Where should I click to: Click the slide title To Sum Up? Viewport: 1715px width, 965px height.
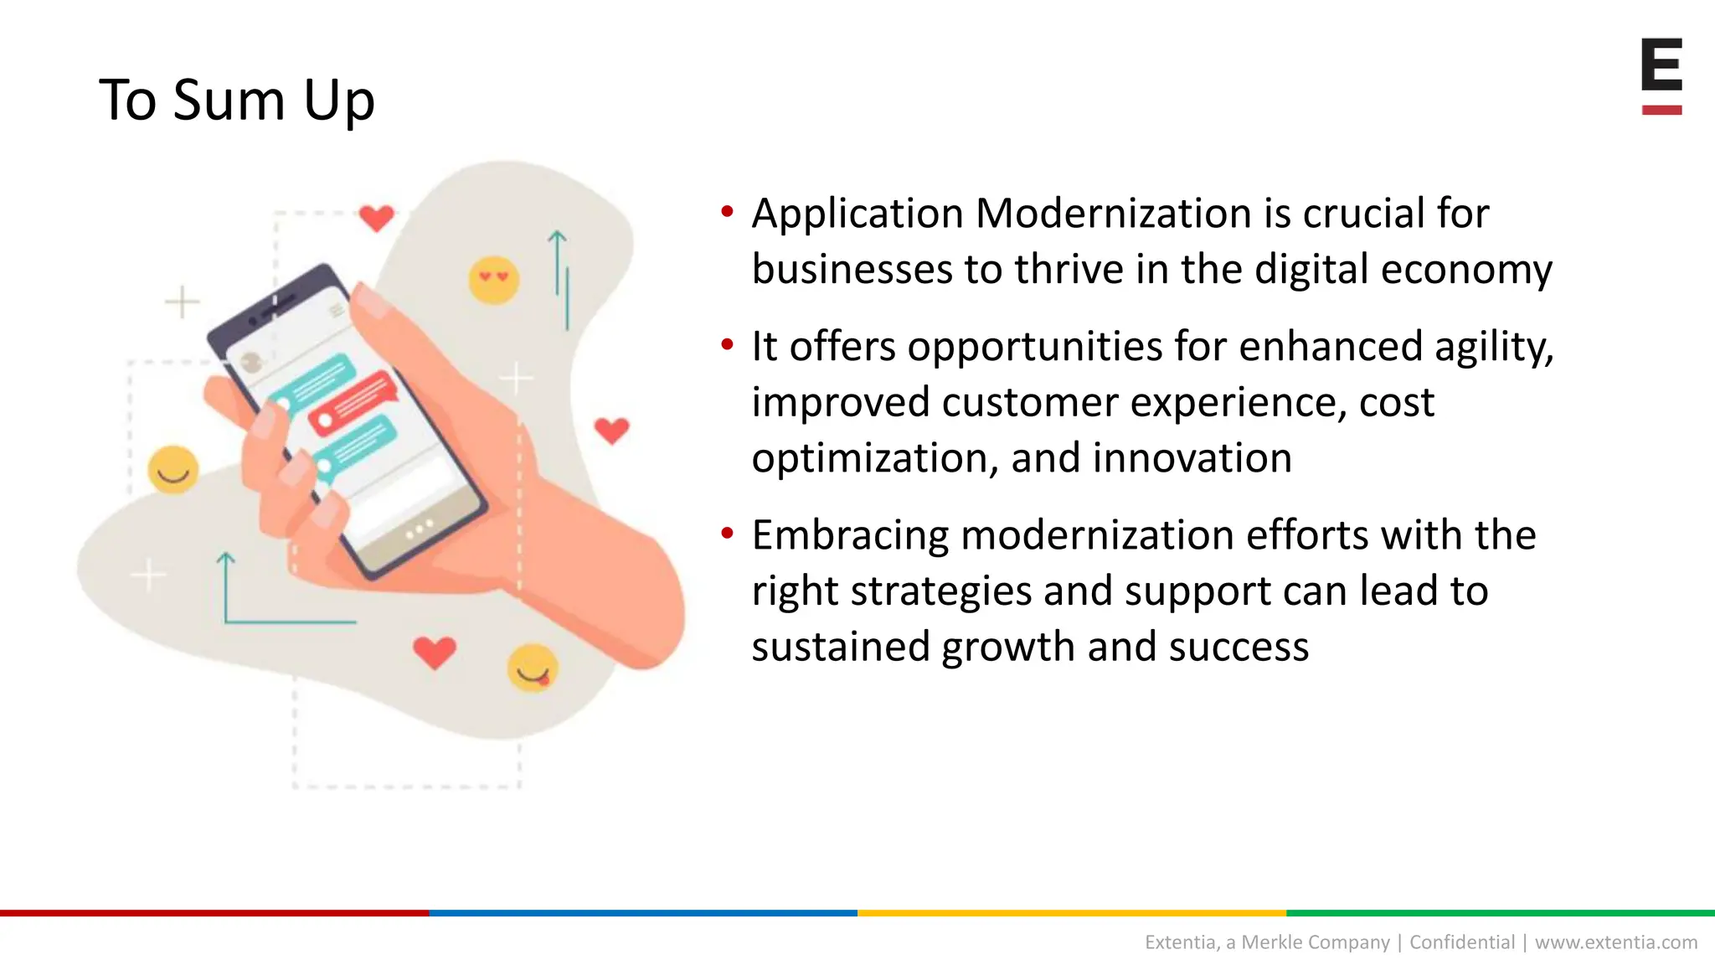click(237, 101)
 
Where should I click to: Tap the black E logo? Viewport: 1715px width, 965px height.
click(1661, 65)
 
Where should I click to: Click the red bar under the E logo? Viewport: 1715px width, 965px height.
click(1661, 110)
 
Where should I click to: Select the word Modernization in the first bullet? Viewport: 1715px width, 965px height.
click(1114, 214)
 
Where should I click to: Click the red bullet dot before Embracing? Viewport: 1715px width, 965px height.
click(727, 533)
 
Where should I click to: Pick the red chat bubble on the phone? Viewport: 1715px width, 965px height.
click(353, 403)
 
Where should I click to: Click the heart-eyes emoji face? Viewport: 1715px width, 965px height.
click(493, 280)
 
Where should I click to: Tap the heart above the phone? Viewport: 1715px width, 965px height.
click(376, 218)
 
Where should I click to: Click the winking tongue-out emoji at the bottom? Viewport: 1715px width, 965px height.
click(533, 668)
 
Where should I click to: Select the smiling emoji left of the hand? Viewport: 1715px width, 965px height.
click(173, 469)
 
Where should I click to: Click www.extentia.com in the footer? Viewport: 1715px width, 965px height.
click(1615, 942)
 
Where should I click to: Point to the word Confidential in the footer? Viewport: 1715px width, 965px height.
click(1462, 942)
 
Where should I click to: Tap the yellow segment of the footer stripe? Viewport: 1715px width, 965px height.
click(1072, 912)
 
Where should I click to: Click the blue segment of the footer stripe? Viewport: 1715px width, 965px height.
click(643, 912)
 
